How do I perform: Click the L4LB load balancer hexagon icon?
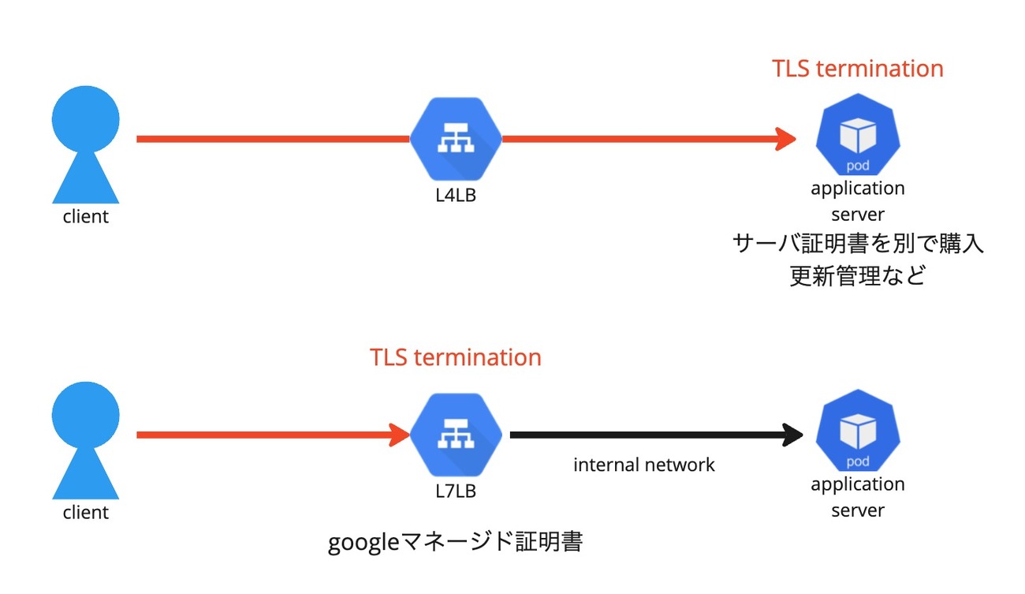pyautogui.click(x=456, y=139)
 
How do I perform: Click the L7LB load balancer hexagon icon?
pyautogui.click(x=456, y=435)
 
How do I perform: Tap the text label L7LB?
pyautogui.click(x=456, y=491)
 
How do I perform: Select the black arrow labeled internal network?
pyautogui.click(x=654, y=434)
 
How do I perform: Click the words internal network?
pyautogui.click(x=643, y=465)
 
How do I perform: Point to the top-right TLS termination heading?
pyautogui.click(x=858, y=69)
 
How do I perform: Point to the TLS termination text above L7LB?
pyautogui.click(x=456, y=357)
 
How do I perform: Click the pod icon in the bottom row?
pyautogui.click(x=858, y=435)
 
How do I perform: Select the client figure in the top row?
pyautogui.click(x=85, y=145)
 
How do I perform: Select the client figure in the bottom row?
pyautogui.click(x=85, y=441)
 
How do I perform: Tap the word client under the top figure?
pyautogui.click(x=85, y=217)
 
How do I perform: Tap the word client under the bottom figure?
pyautogui.click(x=85, y=513)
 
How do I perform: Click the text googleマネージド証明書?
pyautogui.click(x=455, y=543)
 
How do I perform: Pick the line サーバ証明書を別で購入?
pyautogui.click(x=858, y=244)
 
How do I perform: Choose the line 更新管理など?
pyautogui.click(x=858, y=276)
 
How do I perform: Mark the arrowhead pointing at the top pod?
pyautogui.click(x=785, y=139)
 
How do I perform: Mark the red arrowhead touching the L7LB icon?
pyautogui.click(x=398, y=435)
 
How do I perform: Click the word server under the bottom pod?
pyautogui.click(x=858, y=510)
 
